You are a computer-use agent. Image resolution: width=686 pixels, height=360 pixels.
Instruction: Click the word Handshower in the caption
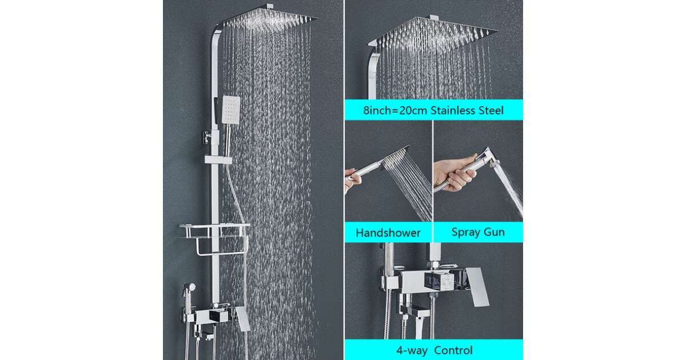388,233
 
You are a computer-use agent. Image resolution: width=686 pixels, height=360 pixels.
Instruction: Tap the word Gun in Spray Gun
494,232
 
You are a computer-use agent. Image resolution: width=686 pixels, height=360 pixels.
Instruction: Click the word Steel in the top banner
491,110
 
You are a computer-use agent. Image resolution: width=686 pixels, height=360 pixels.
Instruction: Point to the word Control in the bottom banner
453,350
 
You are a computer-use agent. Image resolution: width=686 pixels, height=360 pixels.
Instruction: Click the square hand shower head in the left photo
231,110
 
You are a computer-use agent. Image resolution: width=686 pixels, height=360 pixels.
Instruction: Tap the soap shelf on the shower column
215,230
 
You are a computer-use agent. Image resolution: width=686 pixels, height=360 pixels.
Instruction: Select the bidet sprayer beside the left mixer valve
189,293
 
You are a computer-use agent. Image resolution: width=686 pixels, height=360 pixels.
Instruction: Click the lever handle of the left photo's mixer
243,319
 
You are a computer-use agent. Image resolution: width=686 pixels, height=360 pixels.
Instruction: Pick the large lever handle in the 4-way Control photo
477,286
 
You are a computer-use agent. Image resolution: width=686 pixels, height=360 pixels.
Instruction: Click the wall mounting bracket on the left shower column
208,137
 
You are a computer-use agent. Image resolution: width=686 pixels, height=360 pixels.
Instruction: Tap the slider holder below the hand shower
218,159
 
